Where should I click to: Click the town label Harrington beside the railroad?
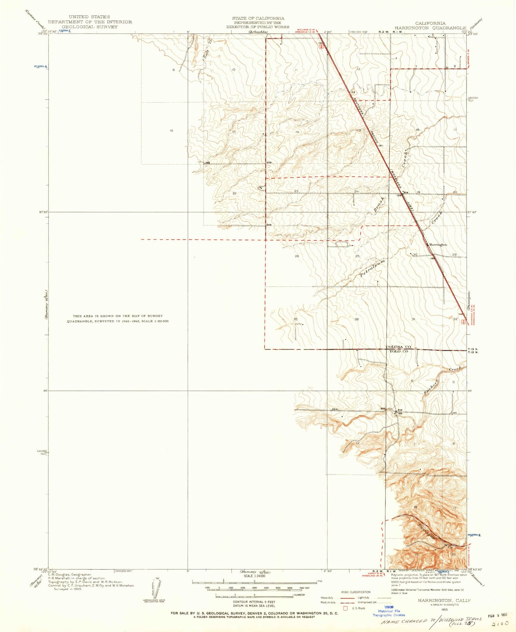(438, 245)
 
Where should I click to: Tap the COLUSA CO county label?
(398, 347)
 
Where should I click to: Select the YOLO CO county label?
(398, 351)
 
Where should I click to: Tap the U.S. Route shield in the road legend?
(346, 608)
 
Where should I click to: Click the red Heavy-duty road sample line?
(347, 598)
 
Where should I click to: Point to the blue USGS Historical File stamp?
(389, 611)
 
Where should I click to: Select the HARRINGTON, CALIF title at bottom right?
(444, 600)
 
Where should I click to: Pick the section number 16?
(171, 130)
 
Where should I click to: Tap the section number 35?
(295, 319)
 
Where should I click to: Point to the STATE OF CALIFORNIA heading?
(258, 18)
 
